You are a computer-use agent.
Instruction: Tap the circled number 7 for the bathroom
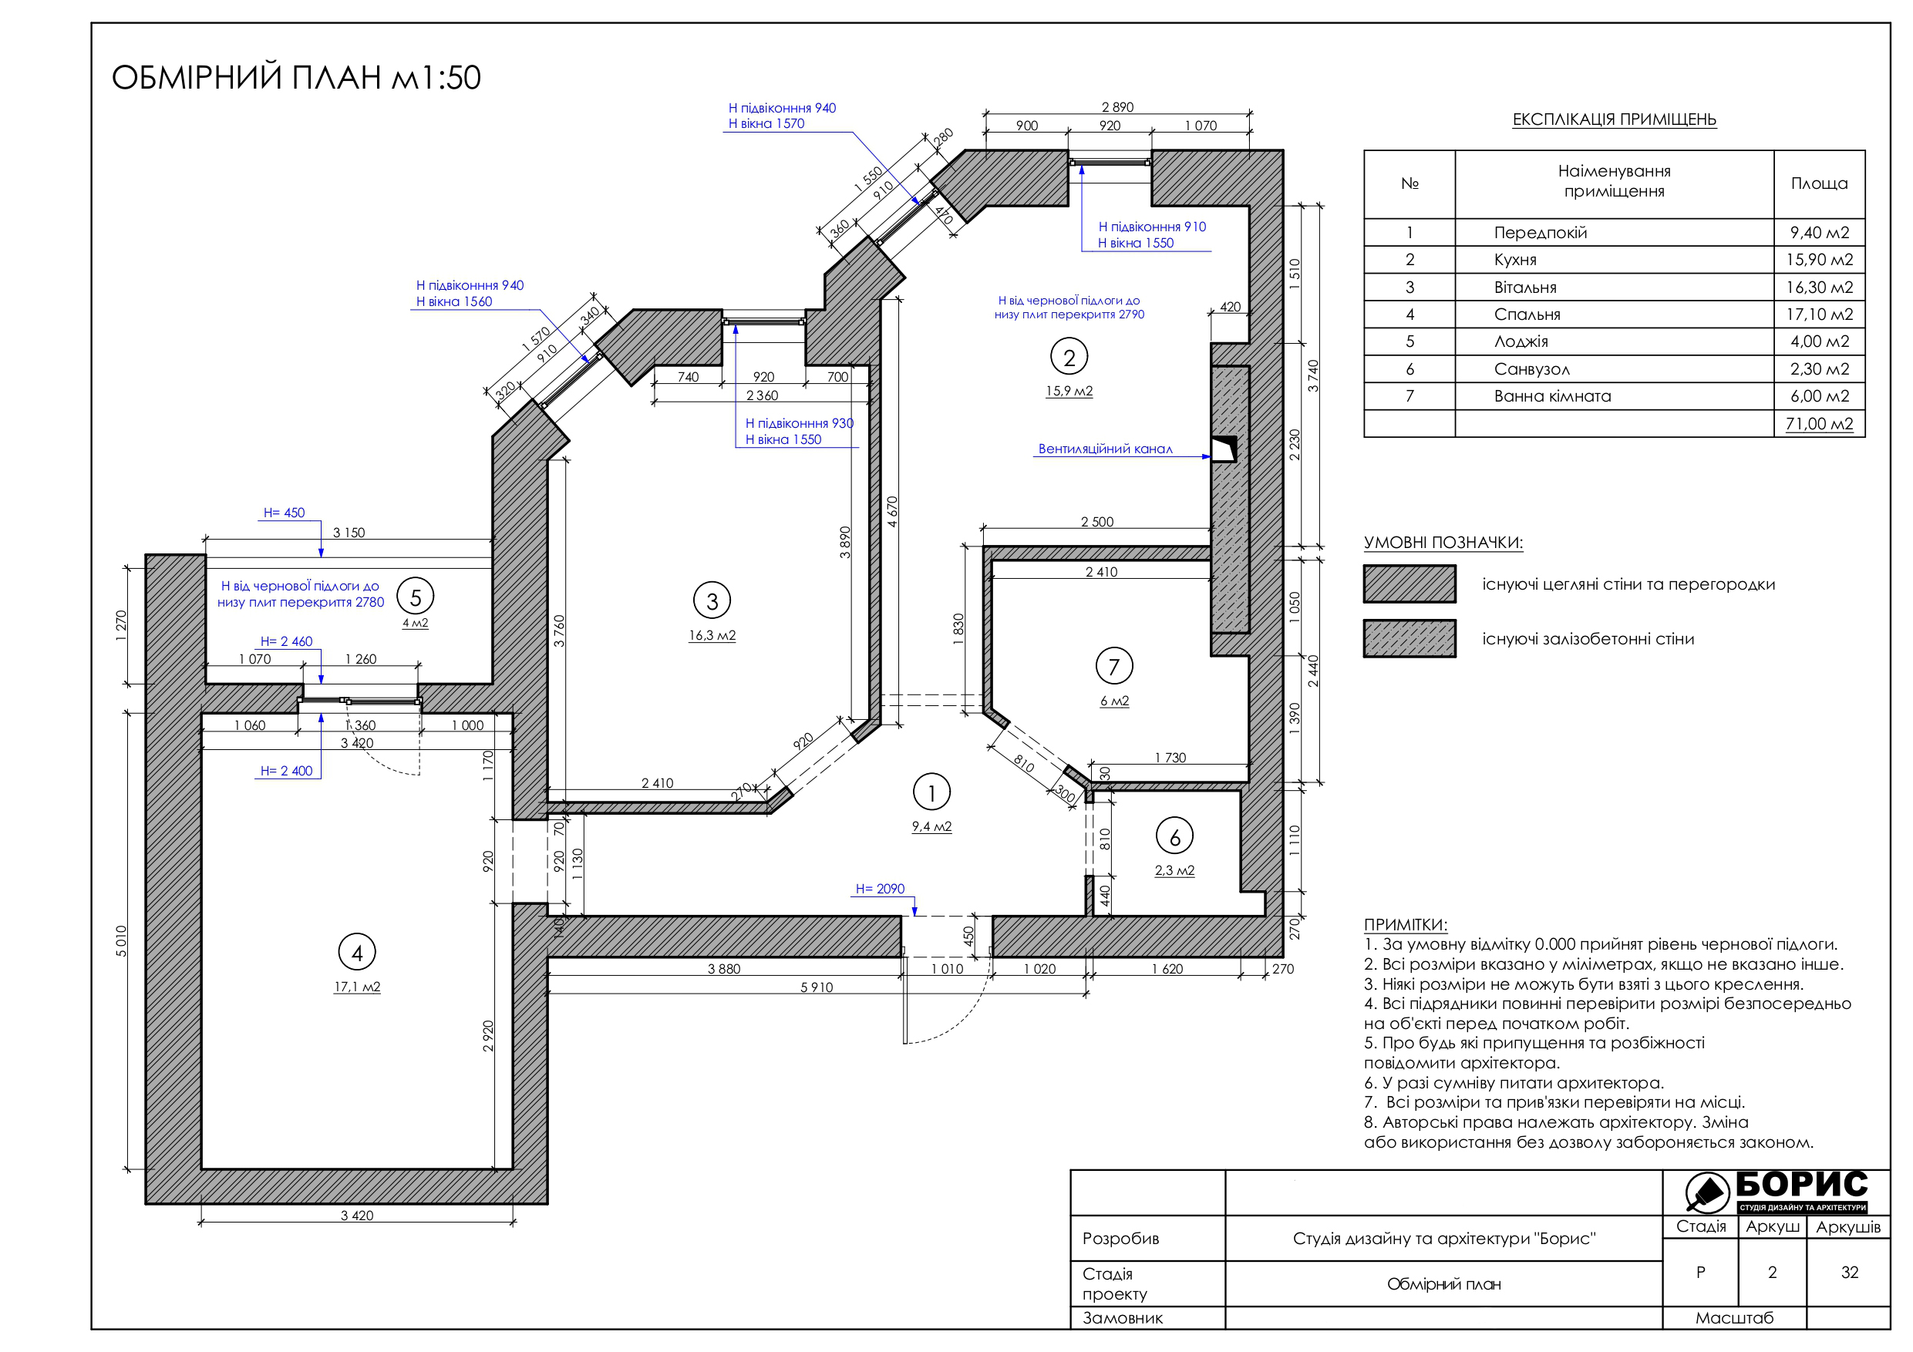coord(1114,667)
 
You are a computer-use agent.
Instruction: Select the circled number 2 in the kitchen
coord(1069,358)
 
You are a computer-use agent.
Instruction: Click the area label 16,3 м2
coord(712,636)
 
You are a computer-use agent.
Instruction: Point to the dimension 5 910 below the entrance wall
coord(817,987)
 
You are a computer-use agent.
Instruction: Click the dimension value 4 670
coord(892,512)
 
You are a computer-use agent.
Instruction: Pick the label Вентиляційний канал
coord(1105,449)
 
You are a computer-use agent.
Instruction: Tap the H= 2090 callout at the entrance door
coord(880,889)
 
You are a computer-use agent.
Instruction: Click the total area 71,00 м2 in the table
coord(1819,423)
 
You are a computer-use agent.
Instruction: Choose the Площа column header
coord(1819,183)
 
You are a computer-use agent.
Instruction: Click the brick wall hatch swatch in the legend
coord(1409,584)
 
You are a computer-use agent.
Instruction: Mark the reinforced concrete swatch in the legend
coord(1409,639)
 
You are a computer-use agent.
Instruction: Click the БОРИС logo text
coord(1801,1184)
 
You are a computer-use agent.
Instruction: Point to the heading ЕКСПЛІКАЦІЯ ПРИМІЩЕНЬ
coord(1614,119)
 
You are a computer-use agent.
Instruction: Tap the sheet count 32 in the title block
coord(1849,1272)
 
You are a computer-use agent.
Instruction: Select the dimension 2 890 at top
coord(1117,107)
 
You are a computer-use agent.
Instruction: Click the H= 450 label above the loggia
coord(284,513)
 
